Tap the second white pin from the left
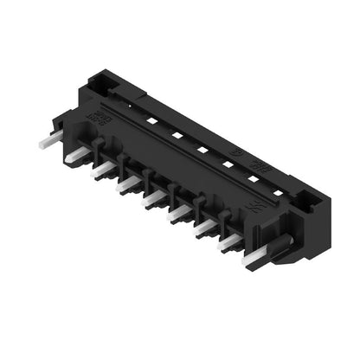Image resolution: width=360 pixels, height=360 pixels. click(x=77, y=155)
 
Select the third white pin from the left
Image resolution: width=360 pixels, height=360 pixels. click(x=102, y=167)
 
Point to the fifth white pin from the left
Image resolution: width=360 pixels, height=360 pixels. click(x=154, y=198)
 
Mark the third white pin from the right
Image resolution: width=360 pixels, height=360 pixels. click(x=206, y=228)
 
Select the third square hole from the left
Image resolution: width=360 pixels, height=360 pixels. click(x=201, y=150)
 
